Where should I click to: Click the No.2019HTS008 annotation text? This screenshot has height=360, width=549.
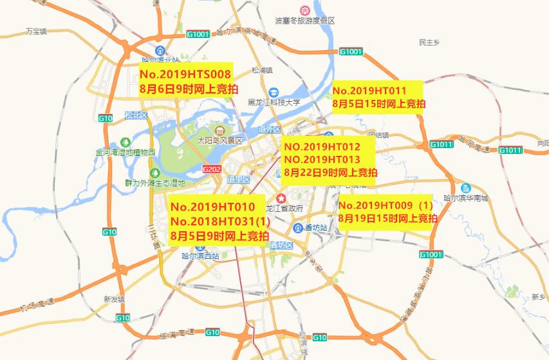(185, 75)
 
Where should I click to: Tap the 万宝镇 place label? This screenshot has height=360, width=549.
(36, 31)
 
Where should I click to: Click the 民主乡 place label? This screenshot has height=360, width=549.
(428, 43)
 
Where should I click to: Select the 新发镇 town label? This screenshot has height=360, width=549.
(113, 299)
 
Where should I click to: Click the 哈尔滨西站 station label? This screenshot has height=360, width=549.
(200, 256)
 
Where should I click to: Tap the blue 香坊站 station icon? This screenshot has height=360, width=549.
(297, 228)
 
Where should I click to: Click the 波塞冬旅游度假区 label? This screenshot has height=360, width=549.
(305, 21)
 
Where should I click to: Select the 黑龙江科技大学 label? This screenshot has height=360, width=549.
(274, 102)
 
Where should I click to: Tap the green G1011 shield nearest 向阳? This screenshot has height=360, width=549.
(510, 150)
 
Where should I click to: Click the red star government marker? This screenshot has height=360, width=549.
(281, 197)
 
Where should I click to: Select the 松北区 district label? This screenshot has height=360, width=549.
(136, 115)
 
